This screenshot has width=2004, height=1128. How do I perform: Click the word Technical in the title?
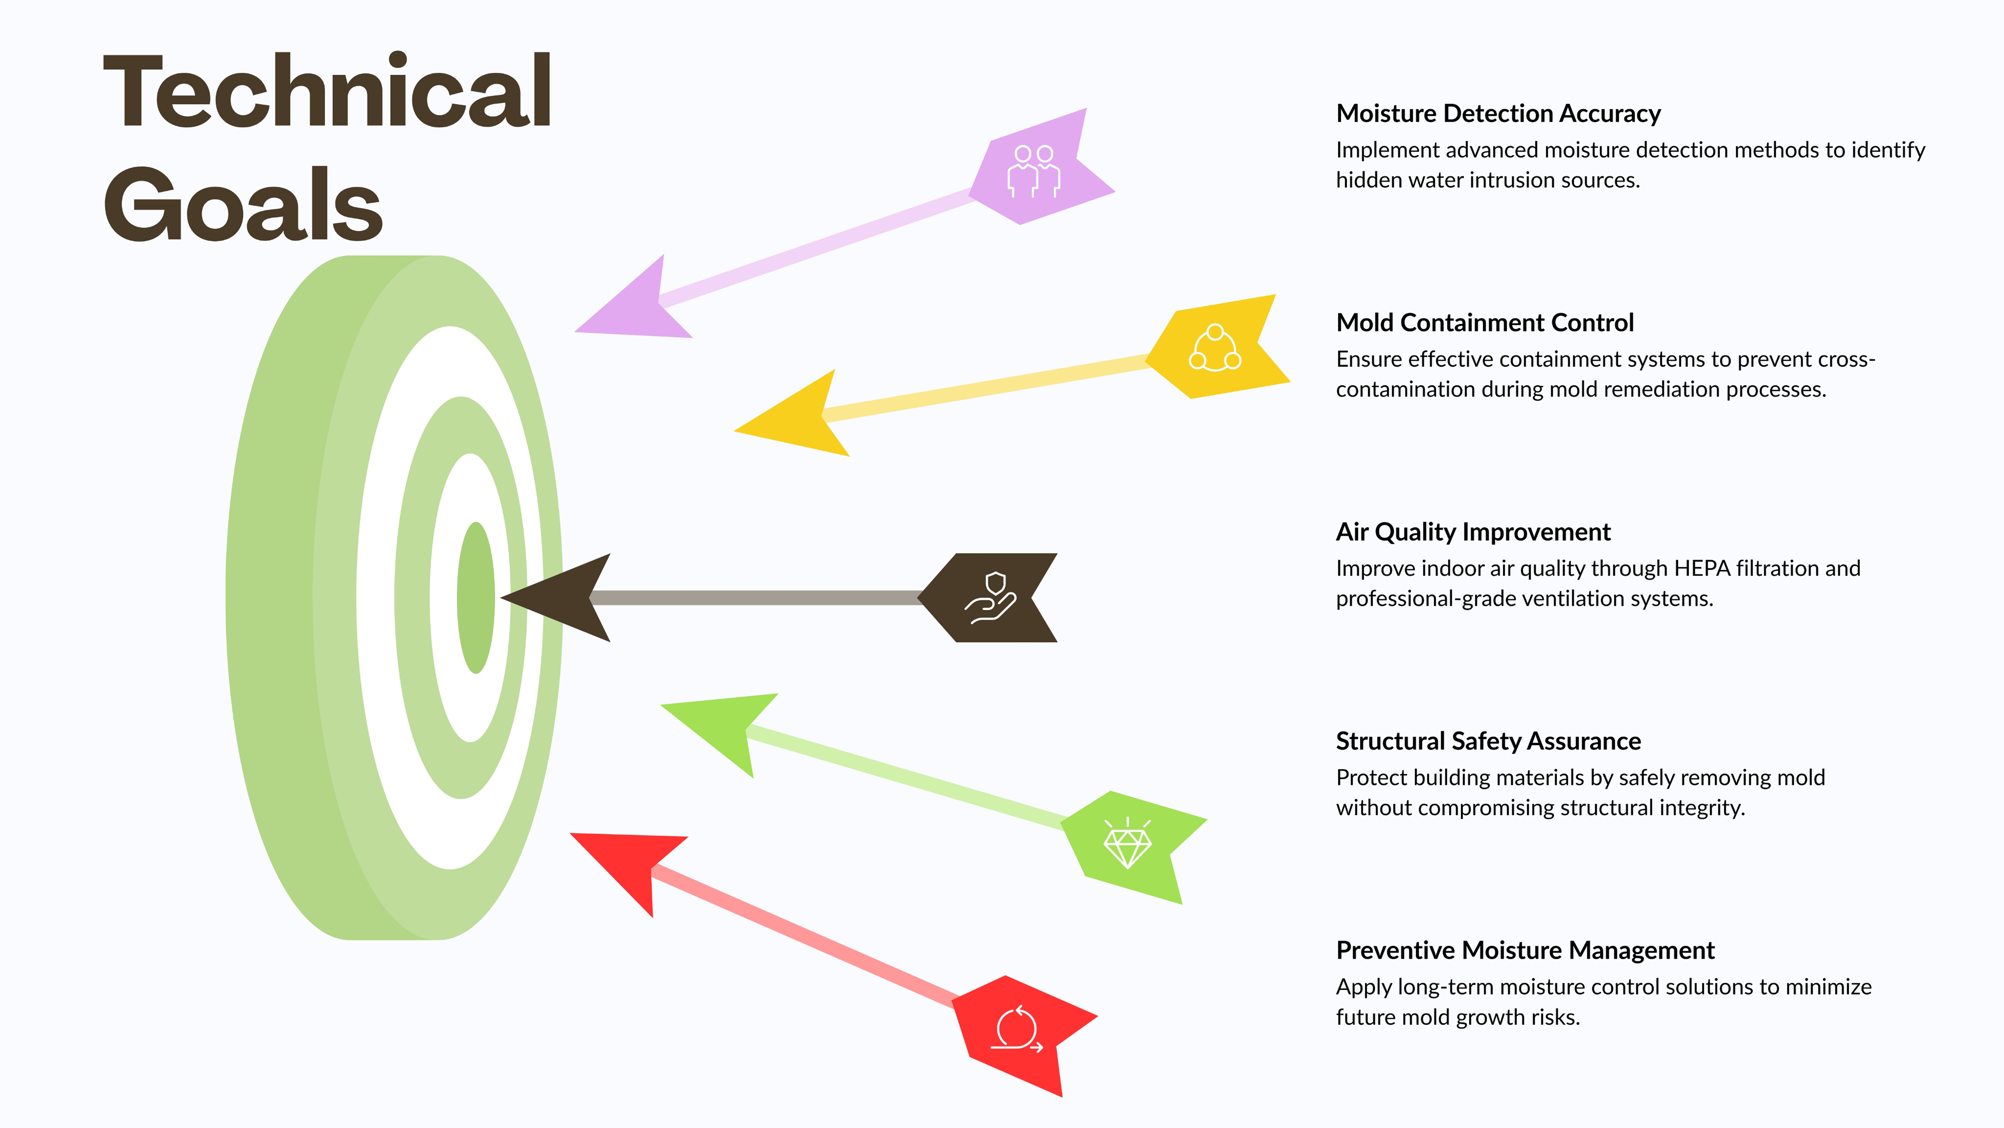click(327, 92)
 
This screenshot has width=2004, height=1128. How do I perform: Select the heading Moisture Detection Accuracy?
click(1497, 113)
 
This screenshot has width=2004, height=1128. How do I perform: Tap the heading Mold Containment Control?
click(1484, 322)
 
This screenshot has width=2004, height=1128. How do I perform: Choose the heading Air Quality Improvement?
click(1473, 532)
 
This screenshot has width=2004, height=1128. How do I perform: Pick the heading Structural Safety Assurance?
click(1487, 741)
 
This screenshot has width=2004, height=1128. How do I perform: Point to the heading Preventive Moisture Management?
click(1525, 950)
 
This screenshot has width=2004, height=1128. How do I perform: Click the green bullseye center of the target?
click(475, 598)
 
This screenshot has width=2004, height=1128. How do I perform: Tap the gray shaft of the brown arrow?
click(755, 598)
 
